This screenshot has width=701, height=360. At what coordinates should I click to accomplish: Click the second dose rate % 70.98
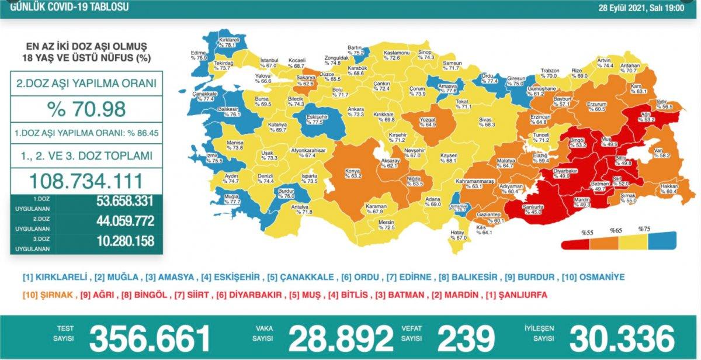86,109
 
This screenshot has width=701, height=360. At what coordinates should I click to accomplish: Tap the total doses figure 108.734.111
86,180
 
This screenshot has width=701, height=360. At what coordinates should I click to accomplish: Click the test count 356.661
150,338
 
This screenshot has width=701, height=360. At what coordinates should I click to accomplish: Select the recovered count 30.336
622,338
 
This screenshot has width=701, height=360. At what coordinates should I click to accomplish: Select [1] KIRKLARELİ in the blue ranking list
55,277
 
